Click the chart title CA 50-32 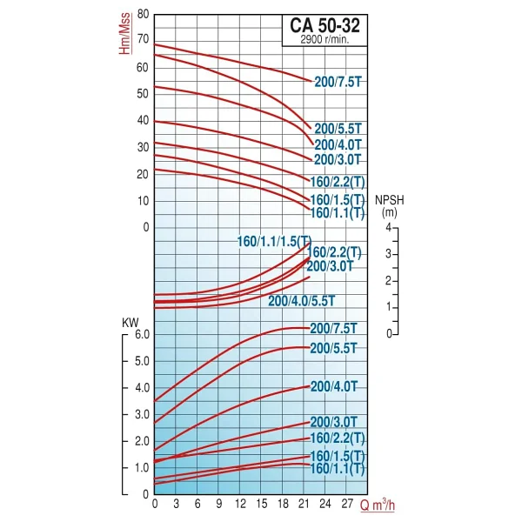(325, 25)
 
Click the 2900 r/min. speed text (325, 40)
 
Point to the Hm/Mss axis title (124, 33)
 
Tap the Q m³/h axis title (378, 505)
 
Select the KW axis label (130, 323)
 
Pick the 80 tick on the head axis (143, 14)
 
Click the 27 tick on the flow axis (347, 504)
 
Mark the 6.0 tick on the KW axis (142, 335)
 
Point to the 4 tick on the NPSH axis (389, 227)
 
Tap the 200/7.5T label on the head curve (338, 82)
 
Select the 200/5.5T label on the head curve (338, 129)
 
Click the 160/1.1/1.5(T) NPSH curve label (274, 241)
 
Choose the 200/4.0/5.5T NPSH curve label (301, 301)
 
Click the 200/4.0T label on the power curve (333, 386)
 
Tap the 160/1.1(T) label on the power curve (338, 468)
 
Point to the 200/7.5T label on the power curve (333, 329)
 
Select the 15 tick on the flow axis (262, 504)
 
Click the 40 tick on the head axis (143, 121)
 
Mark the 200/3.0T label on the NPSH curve (330, 266)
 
